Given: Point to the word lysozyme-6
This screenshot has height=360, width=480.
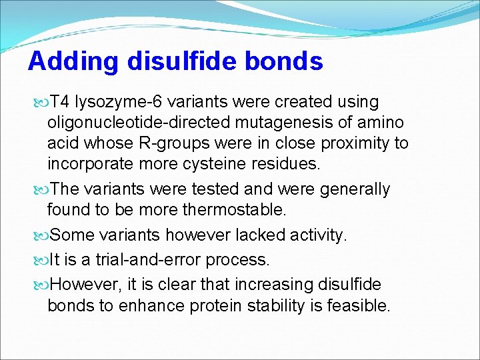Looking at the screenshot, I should click(x=118, y=102).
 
